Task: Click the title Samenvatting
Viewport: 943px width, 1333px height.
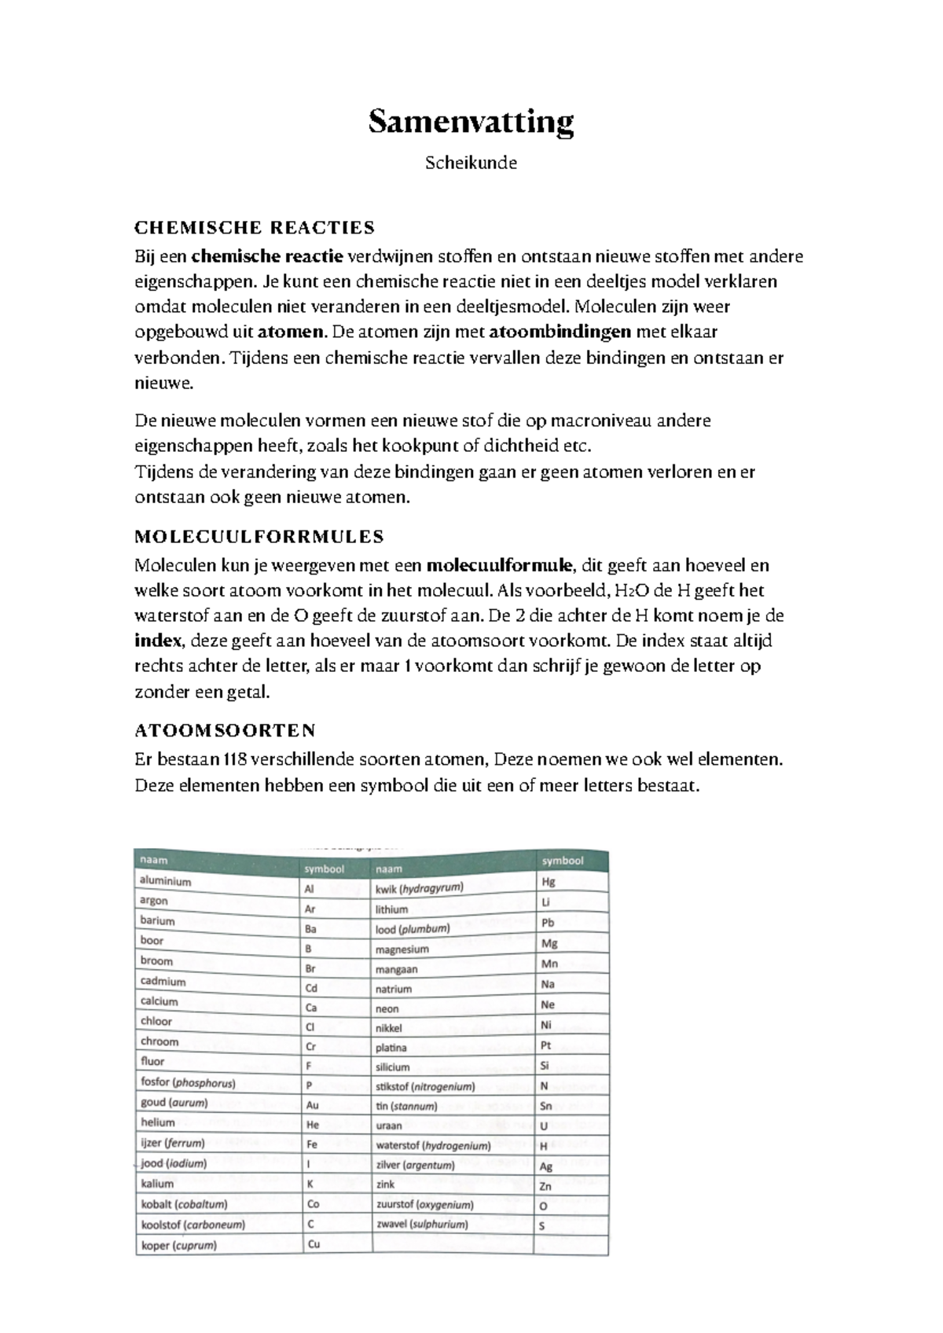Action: click(471, 123)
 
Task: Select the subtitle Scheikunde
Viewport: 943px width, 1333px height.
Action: click(471, 163)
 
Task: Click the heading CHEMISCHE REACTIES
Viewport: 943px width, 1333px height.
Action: click(255, 228)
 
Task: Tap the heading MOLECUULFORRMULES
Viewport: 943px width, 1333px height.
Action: click(259, 537)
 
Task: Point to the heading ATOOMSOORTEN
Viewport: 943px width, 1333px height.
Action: click(225, 731)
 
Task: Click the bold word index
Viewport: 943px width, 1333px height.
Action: click(158, 641)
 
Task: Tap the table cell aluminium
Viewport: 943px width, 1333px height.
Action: click(165, 881)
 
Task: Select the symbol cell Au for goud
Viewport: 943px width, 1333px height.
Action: click(312, 1104)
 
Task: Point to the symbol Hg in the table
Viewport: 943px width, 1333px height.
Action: click(548, 882)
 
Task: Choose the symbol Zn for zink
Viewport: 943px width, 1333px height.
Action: click(545, 1186)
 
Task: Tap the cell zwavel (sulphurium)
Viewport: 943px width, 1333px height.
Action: click(421, 1224)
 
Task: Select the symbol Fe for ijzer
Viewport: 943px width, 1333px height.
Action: click(312, 1144)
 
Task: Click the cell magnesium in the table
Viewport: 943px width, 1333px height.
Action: click(402, 949)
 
